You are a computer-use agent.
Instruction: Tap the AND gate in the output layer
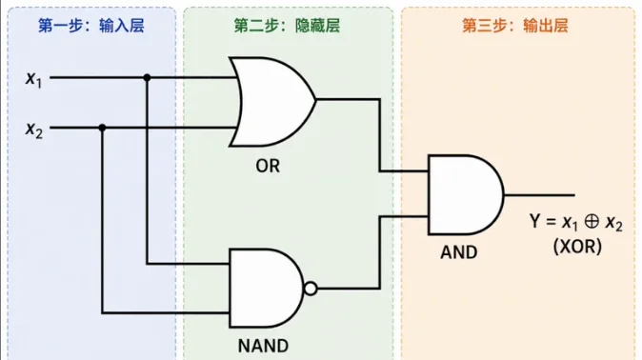coord(466,194)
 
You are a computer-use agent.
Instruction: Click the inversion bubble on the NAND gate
coord(311,289)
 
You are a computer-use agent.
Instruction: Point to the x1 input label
coord(33,78)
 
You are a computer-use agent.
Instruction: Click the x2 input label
coord(33,130)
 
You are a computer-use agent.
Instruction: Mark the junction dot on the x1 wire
coord(147,77)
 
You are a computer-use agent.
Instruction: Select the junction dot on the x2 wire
coord(102,128)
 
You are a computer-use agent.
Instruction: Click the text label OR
coord(268,166)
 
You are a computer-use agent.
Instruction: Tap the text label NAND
coord(263,346)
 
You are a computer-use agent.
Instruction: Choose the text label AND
coord(458,252)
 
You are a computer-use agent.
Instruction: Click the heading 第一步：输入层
coord(91,26)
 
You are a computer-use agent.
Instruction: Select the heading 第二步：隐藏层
coord(287,26)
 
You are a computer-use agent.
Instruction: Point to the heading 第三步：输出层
coord(515,26)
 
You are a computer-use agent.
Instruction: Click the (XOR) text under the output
coord(578,247)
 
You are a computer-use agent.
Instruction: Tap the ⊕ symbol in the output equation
coord(592,222)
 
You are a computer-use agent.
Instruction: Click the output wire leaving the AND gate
coord(539,195)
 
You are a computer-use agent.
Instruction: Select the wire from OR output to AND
coord(379,134)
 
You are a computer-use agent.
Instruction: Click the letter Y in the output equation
coord(534,221)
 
